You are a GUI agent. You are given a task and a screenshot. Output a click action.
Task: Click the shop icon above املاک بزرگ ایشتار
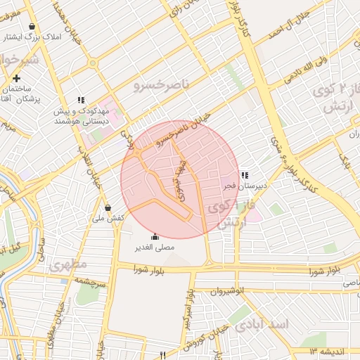pos(32,27)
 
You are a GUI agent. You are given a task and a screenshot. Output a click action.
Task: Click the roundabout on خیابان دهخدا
pos(93,63)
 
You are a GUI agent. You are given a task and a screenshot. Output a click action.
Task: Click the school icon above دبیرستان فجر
pos(245,175)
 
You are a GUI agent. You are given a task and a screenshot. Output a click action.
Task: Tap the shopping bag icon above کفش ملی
pos(108,208)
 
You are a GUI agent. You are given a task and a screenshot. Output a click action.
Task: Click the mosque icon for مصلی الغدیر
pos(155,236)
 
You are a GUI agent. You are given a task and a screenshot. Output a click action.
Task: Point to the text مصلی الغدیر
pos(155,247)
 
